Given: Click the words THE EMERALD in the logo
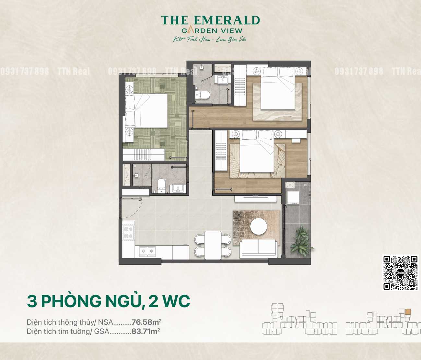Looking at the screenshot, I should (x=210, y=20).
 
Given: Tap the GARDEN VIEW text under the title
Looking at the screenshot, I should (x=212, y=31).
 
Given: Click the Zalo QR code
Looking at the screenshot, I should (x=400, y=273).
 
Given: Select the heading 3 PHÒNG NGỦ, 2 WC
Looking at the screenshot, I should (x=108, y=301).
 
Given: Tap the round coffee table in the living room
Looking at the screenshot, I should (x=259, y=226).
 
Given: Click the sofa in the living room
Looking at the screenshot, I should (x=258, y=249).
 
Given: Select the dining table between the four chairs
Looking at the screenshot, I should (x=213, y=245).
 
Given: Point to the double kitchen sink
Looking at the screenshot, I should (x=147, y=251).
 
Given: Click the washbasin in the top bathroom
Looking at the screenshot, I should (x=223, y=79).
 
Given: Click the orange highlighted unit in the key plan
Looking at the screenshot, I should (x=408, y=312).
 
